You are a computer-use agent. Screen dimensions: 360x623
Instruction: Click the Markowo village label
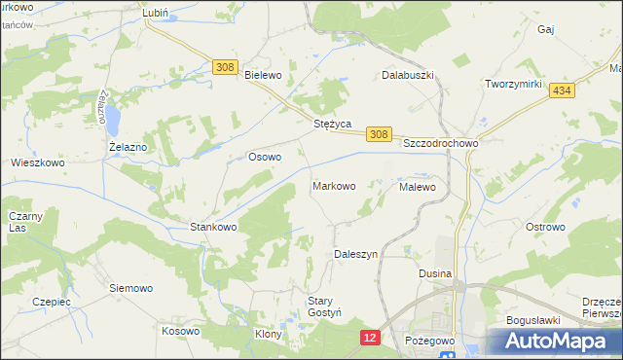[x=333, y=185]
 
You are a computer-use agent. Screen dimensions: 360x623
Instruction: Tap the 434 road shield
[x=559, y=90]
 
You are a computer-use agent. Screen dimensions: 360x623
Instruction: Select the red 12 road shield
[x=369, y=337]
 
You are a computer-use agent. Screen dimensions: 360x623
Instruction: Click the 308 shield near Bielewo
[x=226, y=66]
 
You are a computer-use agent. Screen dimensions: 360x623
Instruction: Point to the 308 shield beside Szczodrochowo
[x=379, y=135]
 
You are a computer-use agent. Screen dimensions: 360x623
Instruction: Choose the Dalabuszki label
[x=406, y=75]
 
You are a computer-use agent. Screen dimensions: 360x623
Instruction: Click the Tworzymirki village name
[x=513, y=85]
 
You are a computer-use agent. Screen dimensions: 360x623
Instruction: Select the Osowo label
[x=265, y=156]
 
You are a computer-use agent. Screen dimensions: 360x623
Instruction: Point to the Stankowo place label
[x=213, y=227]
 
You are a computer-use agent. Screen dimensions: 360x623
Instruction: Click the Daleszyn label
[x=355, y=253]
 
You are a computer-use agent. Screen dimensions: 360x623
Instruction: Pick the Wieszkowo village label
[x=37, y=162]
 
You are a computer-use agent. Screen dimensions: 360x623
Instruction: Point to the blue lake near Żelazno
[x=113, y=120]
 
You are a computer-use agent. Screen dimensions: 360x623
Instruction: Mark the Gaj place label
[x=545, y=30]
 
